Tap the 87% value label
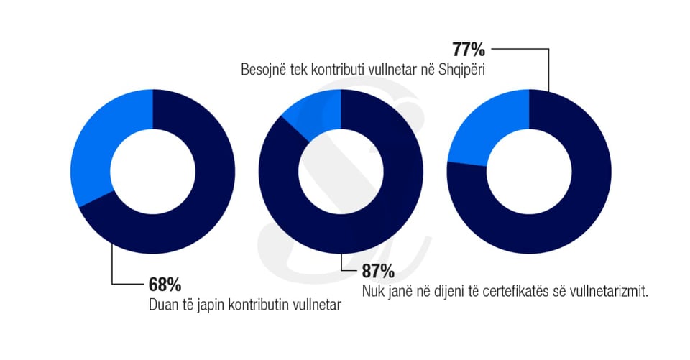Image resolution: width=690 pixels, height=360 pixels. [377, 272]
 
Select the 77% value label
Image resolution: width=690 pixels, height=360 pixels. [469, 50]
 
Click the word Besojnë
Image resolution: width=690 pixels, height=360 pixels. [264, 71]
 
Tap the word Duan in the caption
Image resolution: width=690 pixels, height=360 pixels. [162, 304]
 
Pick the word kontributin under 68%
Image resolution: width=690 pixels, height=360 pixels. [259, 304]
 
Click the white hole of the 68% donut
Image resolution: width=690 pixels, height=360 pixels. [152, 172]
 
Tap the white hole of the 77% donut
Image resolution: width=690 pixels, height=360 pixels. [529, 172]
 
